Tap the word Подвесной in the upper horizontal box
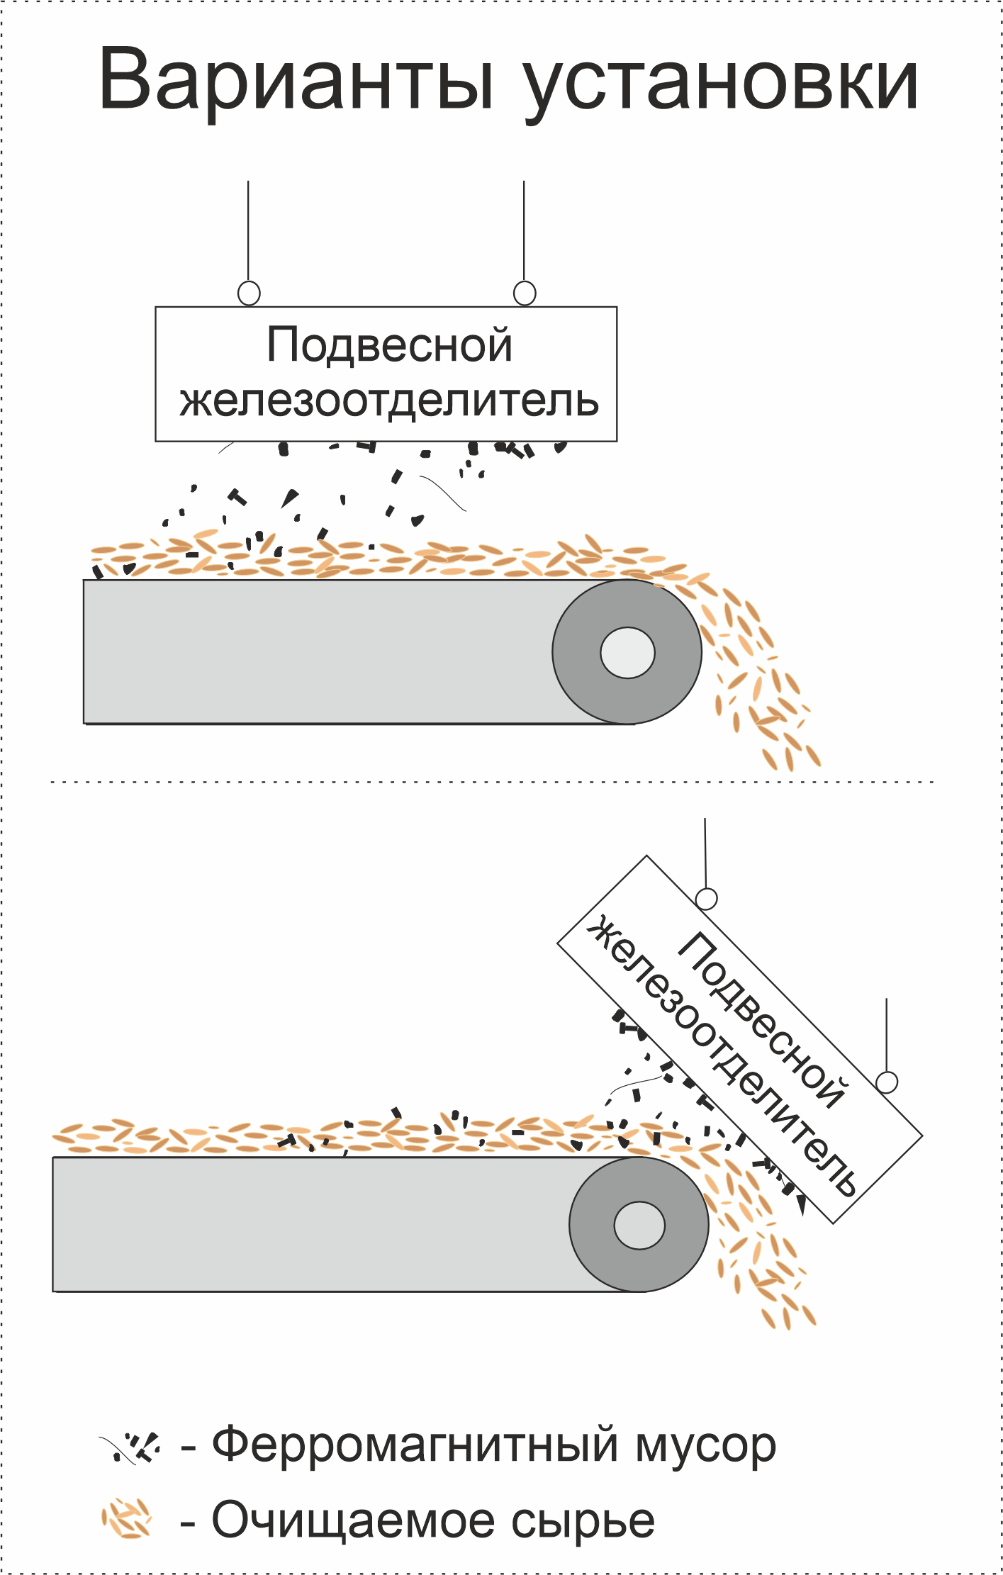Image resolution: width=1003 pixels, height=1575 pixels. pyautogui.click(x=389, y=345)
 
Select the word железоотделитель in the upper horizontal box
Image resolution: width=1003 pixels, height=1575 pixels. pyautogui.click(x=389, y=400)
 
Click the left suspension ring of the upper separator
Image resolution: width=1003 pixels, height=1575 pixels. pyautogui.click(x=249, y=293)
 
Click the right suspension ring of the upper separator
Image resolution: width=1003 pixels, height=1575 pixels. pyautogui.click(x=525, y=293)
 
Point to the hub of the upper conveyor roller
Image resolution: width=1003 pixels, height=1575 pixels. pyautogui.click(x=627, y=652)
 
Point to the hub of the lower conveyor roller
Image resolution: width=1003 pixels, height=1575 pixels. pyautogui.click(x=639, y=1225)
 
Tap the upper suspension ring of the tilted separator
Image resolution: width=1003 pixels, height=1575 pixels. pyautogui.click(x=706, y=899)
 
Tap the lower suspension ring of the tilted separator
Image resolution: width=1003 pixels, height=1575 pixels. pyautogui.click(x=887, y=1082)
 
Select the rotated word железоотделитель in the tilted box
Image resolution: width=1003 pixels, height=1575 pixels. pyautogui.click(x=723, y=1056)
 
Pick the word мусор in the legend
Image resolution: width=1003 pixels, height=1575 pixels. pyautogui.click(x=705, y=1446)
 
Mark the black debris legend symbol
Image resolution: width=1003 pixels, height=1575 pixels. pyautogui.click(x=132, y=1446)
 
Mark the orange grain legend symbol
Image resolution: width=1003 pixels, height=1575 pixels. pyautogui.click(x=127, y=1519)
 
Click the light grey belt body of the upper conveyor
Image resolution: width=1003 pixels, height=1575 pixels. pyautogui.click(x=319, y=652)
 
